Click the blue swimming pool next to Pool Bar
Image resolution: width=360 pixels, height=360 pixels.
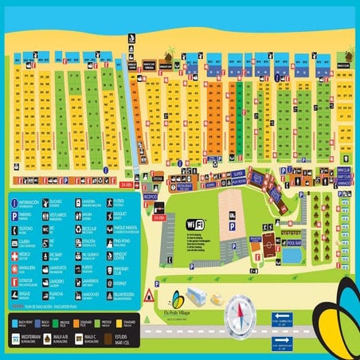292,255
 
